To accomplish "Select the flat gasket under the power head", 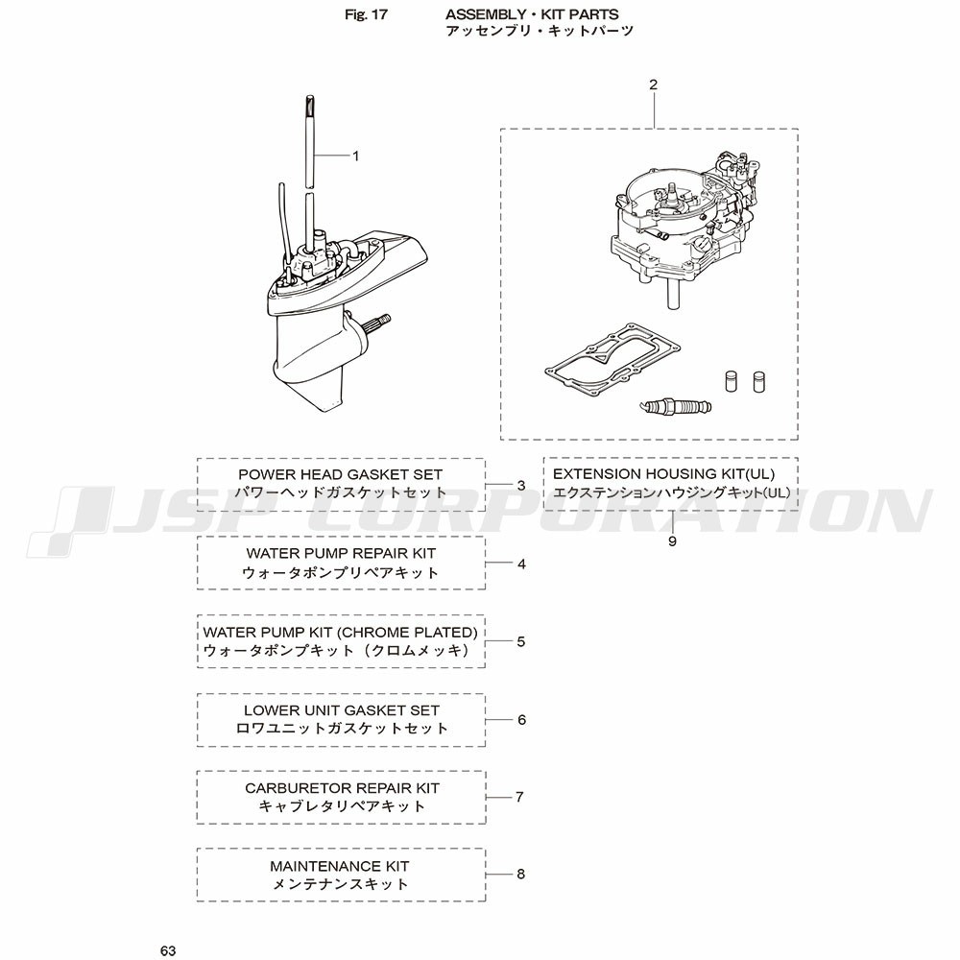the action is pos(612,362).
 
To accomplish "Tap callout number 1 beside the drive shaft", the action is pos(356,156).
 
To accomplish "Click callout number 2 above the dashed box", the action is pos(653,84).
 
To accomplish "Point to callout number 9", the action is pos(672,541).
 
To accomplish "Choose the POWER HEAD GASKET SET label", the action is pos(341,474).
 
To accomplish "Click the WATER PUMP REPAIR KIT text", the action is pos(341,553).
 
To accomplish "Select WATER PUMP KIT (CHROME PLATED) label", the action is pos(341,632).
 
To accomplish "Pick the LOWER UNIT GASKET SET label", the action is pos(342,710).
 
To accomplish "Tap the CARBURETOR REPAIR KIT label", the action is pos(343,788).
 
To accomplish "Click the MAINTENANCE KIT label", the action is pos(340,866).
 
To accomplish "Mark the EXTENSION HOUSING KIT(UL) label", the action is pos(663,474).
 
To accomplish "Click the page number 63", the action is pos(168,950).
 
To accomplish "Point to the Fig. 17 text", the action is pos(366,14).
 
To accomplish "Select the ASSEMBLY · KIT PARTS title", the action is pos(532,14).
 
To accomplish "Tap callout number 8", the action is pos(521,874).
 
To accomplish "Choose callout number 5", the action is pos(521,641).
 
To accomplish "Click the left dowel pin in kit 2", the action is pos(731,380).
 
